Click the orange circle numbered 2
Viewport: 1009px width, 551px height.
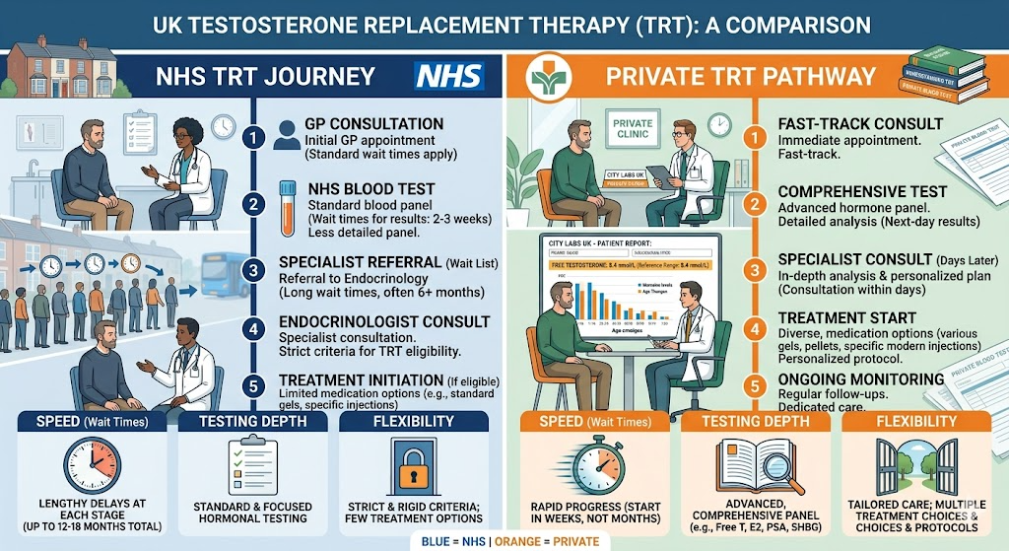click(756, 204)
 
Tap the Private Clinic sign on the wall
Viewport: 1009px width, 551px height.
click(632, 128)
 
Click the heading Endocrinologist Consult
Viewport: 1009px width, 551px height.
click(384, 321)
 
